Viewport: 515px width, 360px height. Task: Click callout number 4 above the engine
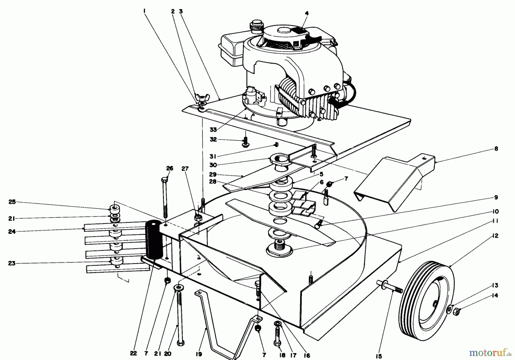coord(307,13)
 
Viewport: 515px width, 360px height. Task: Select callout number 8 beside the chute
coord(496,149)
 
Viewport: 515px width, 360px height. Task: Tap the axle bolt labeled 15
coord(389,286)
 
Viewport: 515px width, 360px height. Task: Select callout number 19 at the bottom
coord(199,354)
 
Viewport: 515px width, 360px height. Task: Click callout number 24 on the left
coord(12,232)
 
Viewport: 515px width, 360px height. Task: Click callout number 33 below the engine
coord(213,130)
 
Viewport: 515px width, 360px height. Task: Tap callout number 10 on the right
coord(496,211)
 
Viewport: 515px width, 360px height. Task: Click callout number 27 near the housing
coord(185,169)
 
